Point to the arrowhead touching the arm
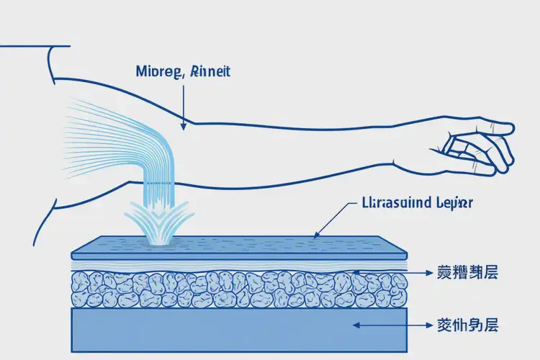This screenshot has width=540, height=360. pos(184,125)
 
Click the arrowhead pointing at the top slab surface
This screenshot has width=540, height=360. pos(317,234)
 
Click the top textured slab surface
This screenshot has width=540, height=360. pos(238,246)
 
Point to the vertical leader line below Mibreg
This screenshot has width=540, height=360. pos(184,101)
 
